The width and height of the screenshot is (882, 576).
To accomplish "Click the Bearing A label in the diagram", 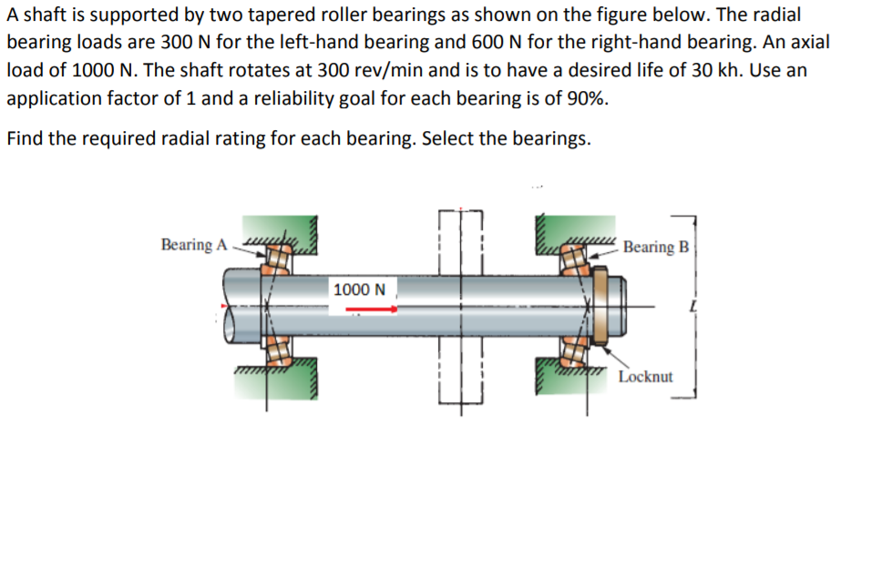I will [192, 245].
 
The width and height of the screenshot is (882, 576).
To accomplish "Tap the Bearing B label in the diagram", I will [656, 247].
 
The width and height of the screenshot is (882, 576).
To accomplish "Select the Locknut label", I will [645, 376].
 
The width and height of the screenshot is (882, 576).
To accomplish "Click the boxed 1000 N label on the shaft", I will [359, 289].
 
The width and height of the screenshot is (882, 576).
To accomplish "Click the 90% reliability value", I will [584, 97].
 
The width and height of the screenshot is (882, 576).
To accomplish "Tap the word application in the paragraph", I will [50, 97].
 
